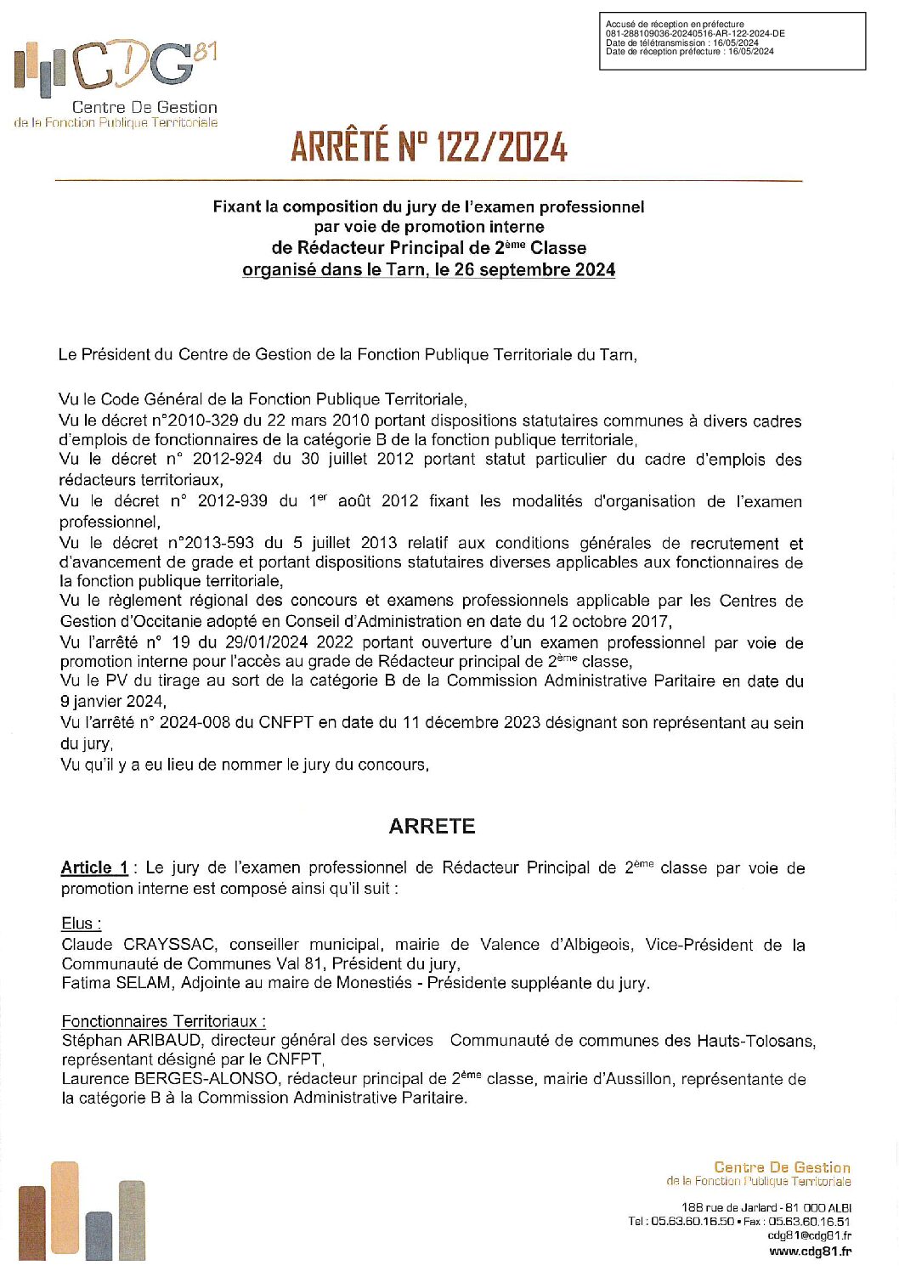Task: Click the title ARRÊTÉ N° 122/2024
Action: [428, 147]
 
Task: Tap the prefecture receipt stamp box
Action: [732, 41]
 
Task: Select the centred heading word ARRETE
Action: [432, 826]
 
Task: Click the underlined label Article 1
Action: [94, 867]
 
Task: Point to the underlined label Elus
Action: [81, 924]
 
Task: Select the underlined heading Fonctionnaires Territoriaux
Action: [163, 1021]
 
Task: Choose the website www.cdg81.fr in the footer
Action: [810, 1251]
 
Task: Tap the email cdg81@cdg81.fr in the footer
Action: [809, 1236]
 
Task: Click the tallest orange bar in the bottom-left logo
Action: [65, 1206]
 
